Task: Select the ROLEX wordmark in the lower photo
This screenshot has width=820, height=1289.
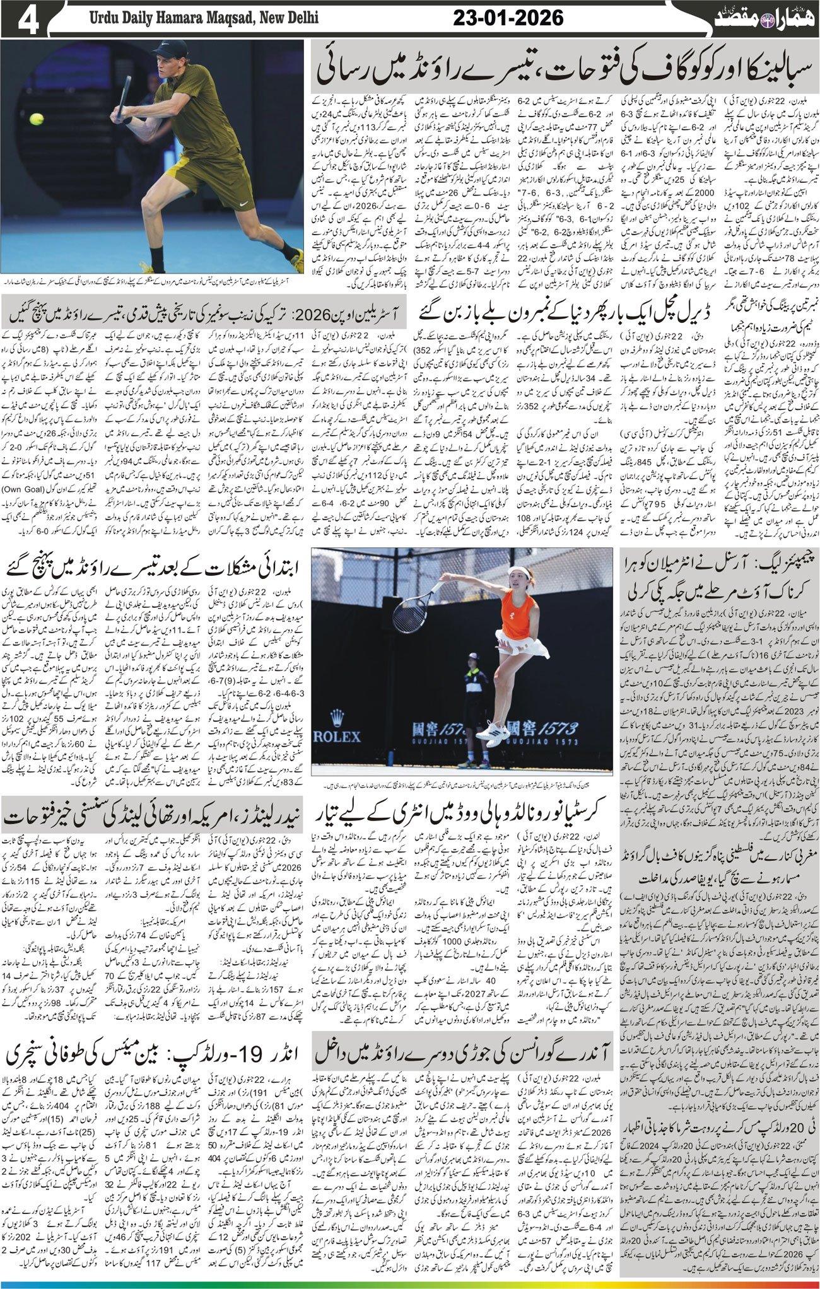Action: tap(337, 737)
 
